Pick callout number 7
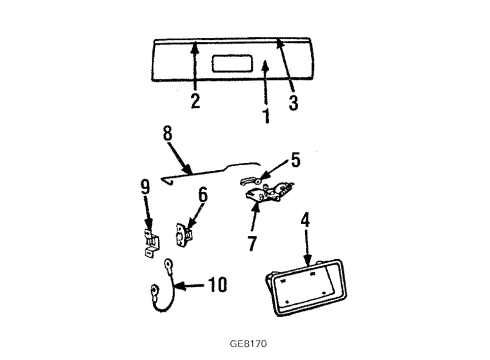click(x=253, y=242)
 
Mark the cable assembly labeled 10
click(x=169, y=298)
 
